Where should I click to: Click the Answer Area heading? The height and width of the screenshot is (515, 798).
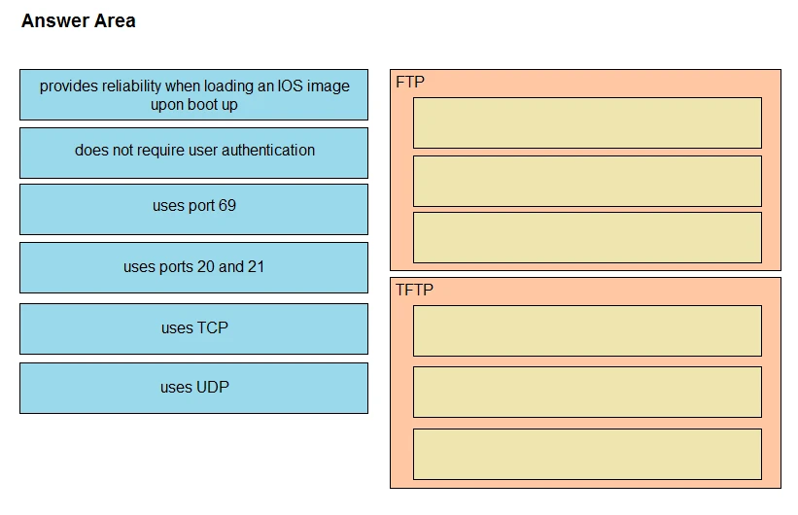pos(78,20)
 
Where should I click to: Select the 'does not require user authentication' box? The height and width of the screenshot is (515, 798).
pos(193,152)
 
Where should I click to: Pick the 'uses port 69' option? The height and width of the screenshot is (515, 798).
pos(193,208)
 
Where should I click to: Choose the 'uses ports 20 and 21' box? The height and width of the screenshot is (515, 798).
pos(193,267)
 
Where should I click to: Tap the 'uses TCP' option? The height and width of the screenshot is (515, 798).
pos(193,328)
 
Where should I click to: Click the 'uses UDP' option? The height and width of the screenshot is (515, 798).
pos(193,388)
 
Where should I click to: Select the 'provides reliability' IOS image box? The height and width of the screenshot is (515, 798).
pos(193,94)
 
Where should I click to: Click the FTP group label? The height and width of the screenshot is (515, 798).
pos(410,82)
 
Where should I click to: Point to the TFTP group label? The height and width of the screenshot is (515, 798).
pos(414,290)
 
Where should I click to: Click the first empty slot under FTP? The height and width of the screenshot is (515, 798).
pos(587,122)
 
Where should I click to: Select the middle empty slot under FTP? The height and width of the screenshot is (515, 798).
pos(587,181)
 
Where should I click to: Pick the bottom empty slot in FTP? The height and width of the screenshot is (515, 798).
pos(587,237)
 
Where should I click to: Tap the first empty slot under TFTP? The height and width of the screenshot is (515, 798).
pos(587,330)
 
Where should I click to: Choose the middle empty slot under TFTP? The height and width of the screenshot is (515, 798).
pos(587,392)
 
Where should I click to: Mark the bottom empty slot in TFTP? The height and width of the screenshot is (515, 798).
pos(587,454)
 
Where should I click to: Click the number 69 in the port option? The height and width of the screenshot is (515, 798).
pos(226,206)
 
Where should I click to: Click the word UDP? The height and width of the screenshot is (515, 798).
pos(212,388)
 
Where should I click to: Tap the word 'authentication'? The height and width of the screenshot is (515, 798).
pos(268,151)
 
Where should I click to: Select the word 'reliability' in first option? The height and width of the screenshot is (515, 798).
pos(130,86)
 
